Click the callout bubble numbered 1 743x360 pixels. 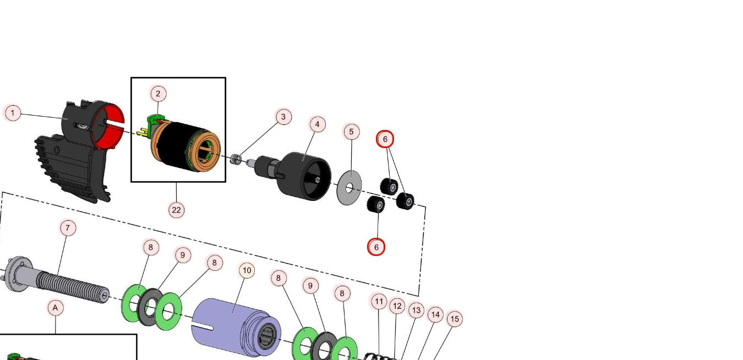click(12, 113)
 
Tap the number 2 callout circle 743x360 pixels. click(158, 94)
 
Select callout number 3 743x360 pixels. click(283, 117)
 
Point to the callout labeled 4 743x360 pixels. click(317, 124)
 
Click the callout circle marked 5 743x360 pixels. click(352, 132)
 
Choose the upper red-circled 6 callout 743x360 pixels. click(385, 139)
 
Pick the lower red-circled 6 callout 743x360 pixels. click(376, 247)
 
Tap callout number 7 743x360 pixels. click(68, 227)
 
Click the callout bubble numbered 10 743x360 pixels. click(247, 270)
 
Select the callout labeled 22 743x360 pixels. click(176, 210)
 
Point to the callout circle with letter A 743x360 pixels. click(55, 308)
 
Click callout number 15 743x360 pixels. click(454, 319)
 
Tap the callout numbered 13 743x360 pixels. click(416, 310)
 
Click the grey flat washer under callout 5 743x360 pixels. click(349, 188)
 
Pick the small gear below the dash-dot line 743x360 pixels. click(376, 205)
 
